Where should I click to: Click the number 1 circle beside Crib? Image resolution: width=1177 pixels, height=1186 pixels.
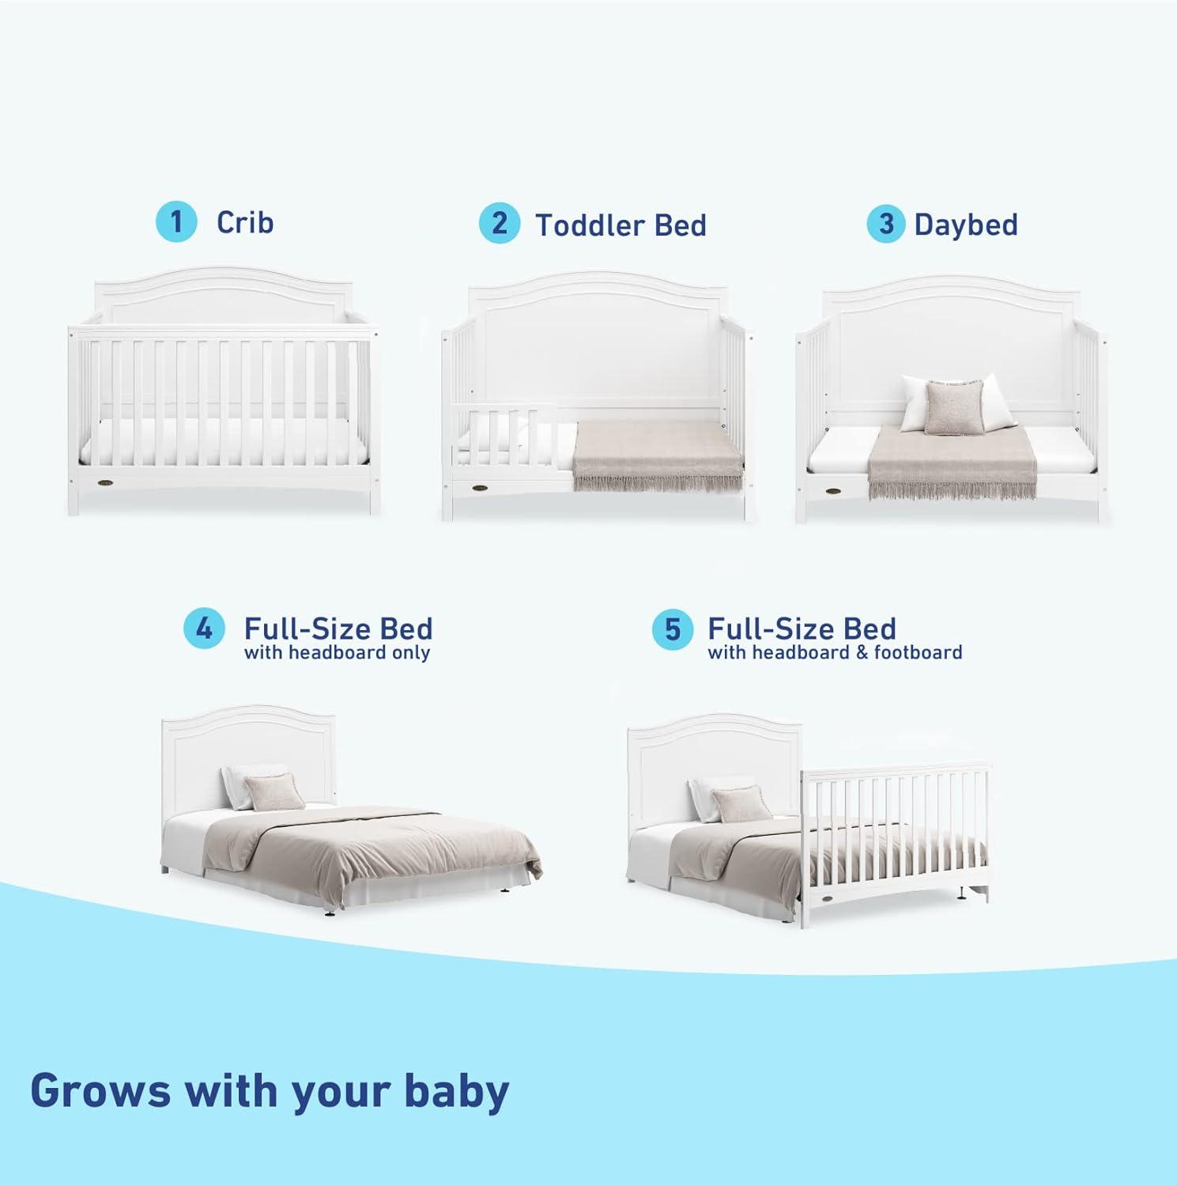[176, 221]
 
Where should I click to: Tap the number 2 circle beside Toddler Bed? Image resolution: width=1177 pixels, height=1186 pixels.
[500, 223]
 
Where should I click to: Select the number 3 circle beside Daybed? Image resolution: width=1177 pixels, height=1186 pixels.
[886, 224]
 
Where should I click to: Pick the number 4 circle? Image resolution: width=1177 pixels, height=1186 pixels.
[204, 629]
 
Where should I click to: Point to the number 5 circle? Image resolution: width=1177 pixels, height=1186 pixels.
[672, 629]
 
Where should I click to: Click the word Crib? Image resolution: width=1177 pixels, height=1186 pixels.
[245, 222]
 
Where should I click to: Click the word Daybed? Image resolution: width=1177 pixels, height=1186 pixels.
[966, 225]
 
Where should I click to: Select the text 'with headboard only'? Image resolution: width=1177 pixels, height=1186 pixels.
[337, 653]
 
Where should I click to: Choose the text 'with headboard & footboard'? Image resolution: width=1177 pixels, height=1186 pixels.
[835, 653]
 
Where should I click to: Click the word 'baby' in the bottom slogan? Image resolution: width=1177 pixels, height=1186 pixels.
[456, 1091]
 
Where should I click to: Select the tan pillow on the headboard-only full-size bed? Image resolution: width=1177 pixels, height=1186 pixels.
[273, 791]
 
